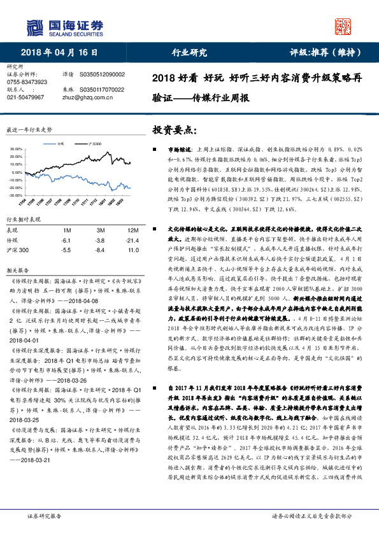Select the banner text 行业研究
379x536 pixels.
190,52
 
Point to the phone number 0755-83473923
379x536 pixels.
27,82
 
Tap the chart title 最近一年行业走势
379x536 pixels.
29,129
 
